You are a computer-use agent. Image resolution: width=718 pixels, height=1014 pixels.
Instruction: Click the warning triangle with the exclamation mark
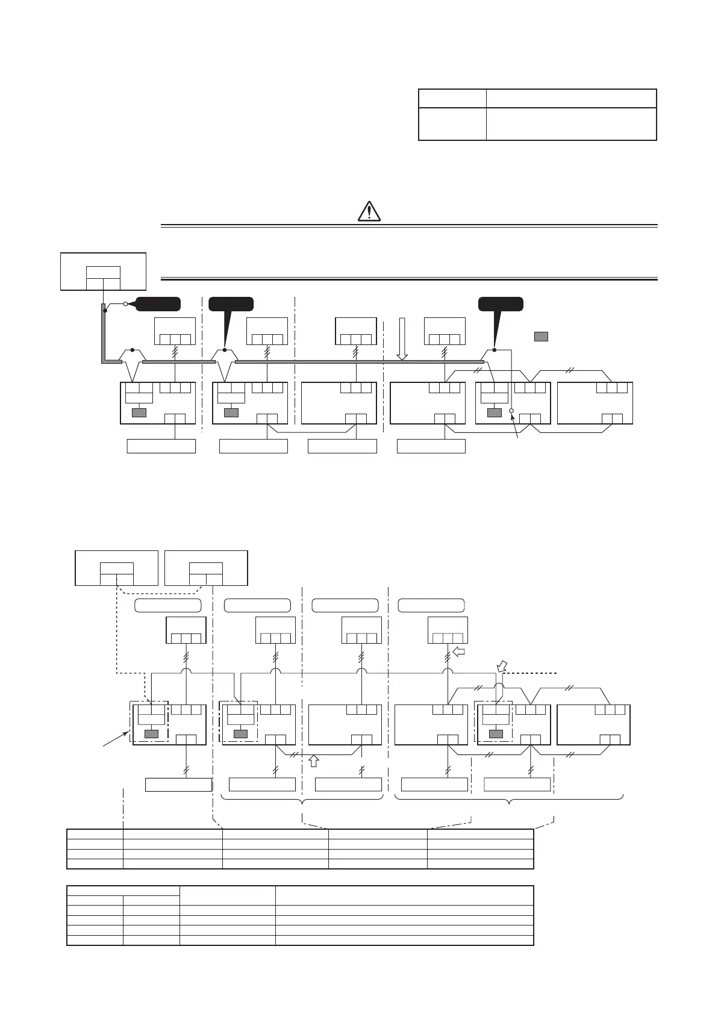[369, 211]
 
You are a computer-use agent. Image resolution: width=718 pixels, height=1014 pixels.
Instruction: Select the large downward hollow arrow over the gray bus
[402, 339]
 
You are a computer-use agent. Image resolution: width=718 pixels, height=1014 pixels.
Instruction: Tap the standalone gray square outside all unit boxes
[541, 337]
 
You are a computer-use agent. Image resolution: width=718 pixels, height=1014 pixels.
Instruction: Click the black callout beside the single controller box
[158, 304]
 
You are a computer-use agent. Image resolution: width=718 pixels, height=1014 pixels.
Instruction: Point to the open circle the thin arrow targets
[511, 411]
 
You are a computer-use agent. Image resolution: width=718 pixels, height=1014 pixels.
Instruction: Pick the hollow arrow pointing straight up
[313, 761]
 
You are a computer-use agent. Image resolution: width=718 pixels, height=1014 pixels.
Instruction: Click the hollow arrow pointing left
[460, 651]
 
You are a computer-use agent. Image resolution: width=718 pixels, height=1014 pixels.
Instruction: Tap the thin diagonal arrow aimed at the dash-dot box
[114, 739]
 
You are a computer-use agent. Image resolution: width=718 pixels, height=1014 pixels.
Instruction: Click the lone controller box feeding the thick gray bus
[103, 272]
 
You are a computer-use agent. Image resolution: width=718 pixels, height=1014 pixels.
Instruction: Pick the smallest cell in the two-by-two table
[452, 98]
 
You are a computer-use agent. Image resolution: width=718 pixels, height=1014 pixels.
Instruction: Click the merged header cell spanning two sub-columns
[123, 890]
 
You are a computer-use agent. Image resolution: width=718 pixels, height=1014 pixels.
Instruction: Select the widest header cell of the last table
[404, 895]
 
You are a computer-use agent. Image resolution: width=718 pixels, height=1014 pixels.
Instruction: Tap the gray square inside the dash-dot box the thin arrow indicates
[152, 733]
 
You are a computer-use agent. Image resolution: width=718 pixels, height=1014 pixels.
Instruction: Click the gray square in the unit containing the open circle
[495, 412]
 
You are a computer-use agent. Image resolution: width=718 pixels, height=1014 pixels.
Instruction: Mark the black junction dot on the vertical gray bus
[105, 311]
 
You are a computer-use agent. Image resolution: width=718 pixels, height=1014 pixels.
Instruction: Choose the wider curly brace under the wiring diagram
[509, 800]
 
